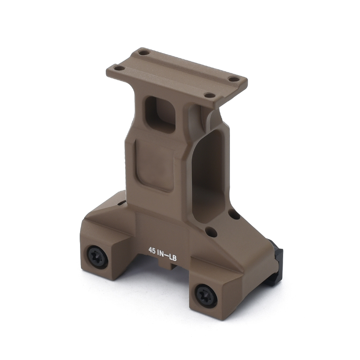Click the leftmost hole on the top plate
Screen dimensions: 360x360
coord(119,68)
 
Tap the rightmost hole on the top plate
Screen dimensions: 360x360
coord(234,79)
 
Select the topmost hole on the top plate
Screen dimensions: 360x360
coord(144,53)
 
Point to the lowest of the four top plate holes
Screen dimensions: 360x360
coord(209,95)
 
